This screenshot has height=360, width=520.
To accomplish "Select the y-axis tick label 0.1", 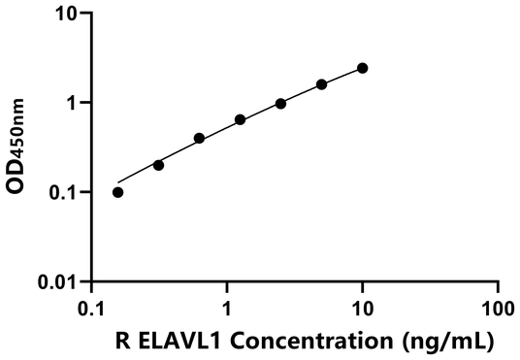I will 65,192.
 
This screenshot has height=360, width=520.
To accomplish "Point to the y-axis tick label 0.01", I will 60,282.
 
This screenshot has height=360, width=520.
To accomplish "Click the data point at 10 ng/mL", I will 363,68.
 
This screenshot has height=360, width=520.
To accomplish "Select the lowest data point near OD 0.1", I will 118,192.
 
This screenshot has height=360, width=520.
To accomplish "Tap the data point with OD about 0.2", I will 159,165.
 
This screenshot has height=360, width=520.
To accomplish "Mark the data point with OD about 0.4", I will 200,138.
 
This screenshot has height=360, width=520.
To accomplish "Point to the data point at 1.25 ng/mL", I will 241,119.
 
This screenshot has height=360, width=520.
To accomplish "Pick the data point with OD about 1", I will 280,103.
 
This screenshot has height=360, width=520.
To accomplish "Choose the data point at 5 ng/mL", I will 322,84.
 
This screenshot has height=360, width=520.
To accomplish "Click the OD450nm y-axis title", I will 20,147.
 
